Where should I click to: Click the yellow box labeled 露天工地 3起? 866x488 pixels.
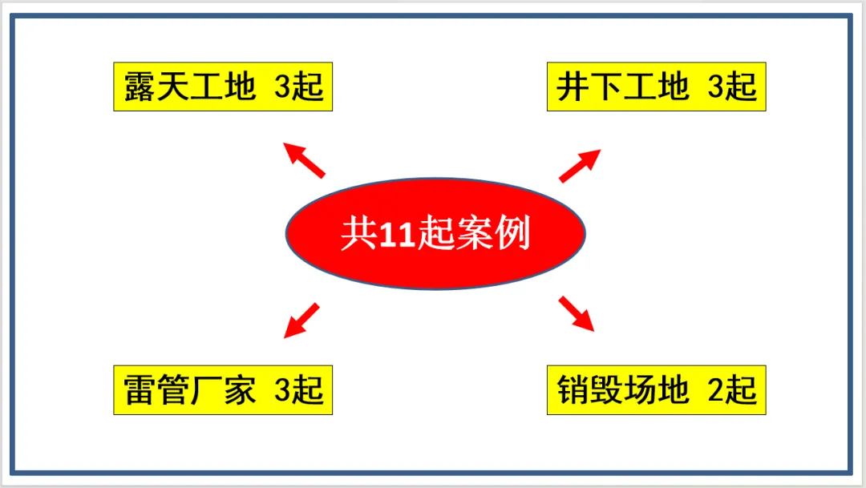222,86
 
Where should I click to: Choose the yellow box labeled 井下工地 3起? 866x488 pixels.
656,86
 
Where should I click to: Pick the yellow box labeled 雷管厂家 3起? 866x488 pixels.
222,390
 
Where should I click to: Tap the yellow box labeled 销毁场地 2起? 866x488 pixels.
656,390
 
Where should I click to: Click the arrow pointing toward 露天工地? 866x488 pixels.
304,159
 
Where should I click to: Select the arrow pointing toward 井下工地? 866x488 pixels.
581,165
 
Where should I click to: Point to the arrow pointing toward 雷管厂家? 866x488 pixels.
302,320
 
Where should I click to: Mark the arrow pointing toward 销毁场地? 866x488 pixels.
577,313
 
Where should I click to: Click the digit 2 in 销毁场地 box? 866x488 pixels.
716,391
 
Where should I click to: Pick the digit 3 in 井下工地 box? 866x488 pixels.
716,87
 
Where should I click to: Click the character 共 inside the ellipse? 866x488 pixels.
356,236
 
